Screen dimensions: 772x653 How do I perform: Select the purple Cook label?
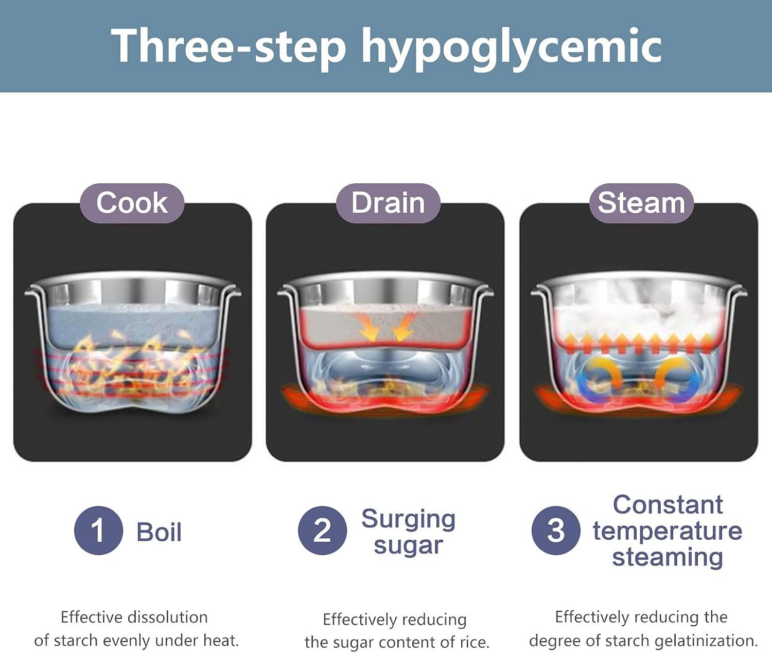pyautogui.click(x=132, y=203)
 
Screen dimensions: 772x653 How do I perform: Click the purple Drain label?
pyautogui.click(x=388, y=203)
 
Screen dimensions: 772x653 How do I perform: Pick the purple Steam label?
pyautogui.click(x=641, y=203)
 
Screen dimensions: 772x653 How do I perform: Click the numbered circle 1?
pyautogui.click(x=99, y=530)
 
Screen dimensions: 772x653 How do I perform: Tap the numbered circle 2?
pyautogui.click(x=322, y=530)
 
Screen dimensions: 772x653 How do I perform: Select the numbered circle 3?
pyautogui.click(x=556, y=530)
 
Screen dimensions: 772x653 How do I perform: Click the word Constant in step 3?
pyautogui.click(x=668, y=505)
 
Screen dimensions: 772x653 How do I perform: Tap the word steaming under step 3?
pyautogui.click(x=668, y=557)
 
